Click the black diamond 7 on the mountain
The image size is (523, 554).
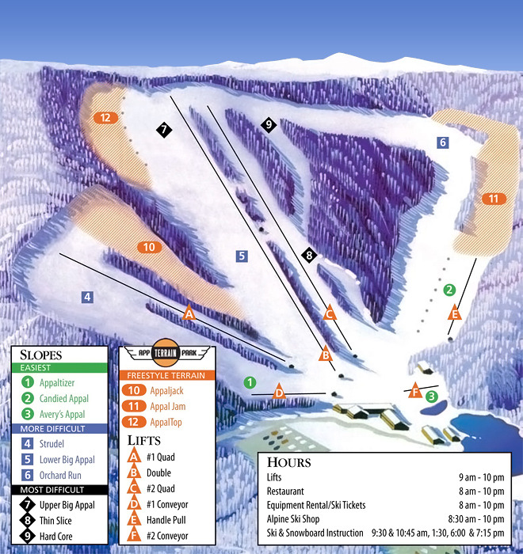point(164,130)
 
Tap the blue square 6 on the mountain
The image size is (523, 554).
point(443,142)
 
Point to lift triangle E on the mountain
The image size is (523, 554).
point(454,313)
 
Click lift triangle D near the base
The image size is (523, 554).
point(279,392)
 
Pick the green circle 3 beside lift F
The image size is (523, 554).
point(432,395)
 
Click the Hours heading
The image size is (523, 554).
point(288,462)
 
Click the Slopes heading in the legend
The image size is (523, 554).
point(39,355)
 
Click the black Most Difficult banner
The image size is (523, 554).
point(59,490)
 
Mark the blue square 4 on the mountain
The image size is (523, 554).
point(88,297)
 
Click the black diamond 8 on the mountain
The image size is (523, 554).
point(309,255)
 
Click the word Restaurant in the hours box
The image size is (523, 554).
point(285,491)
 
